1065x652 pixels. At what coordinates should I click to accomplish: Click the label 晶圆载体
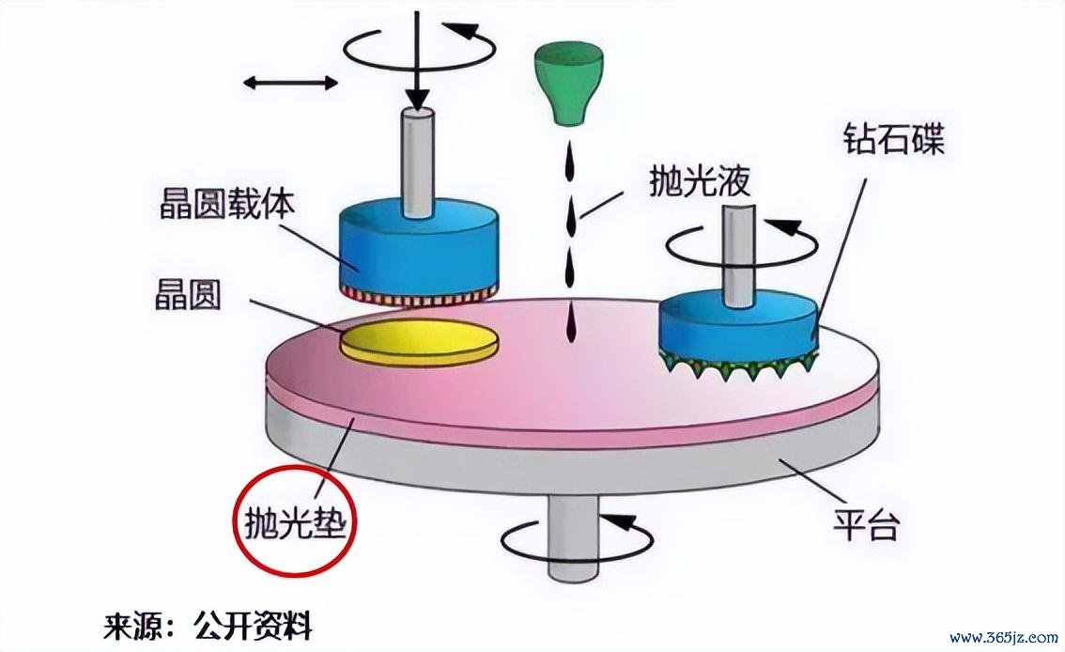tap(227, 201)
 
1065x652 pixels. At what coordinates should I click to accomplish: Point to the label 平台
tap(866, 524)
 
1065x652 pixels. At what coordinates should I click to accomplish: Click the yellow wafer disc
tap(419, 341)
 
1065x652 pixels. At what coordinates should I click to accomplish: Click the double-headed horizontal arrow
tap(291, 84)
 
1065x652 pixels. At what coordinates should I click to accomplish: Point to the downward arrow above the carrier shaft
tap(418, 61)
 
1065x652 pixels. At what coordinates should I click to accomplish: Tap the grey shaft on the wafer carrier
tap(418, 163)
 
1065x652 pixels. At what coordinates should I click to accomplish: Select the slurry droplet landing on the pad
tap(570, 325)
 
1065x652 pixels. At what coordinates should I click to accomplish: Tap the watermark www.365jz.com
tap(1004, 637)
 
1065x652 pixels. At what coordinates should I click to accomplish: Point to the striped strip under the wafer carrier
tap(419, 297)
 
